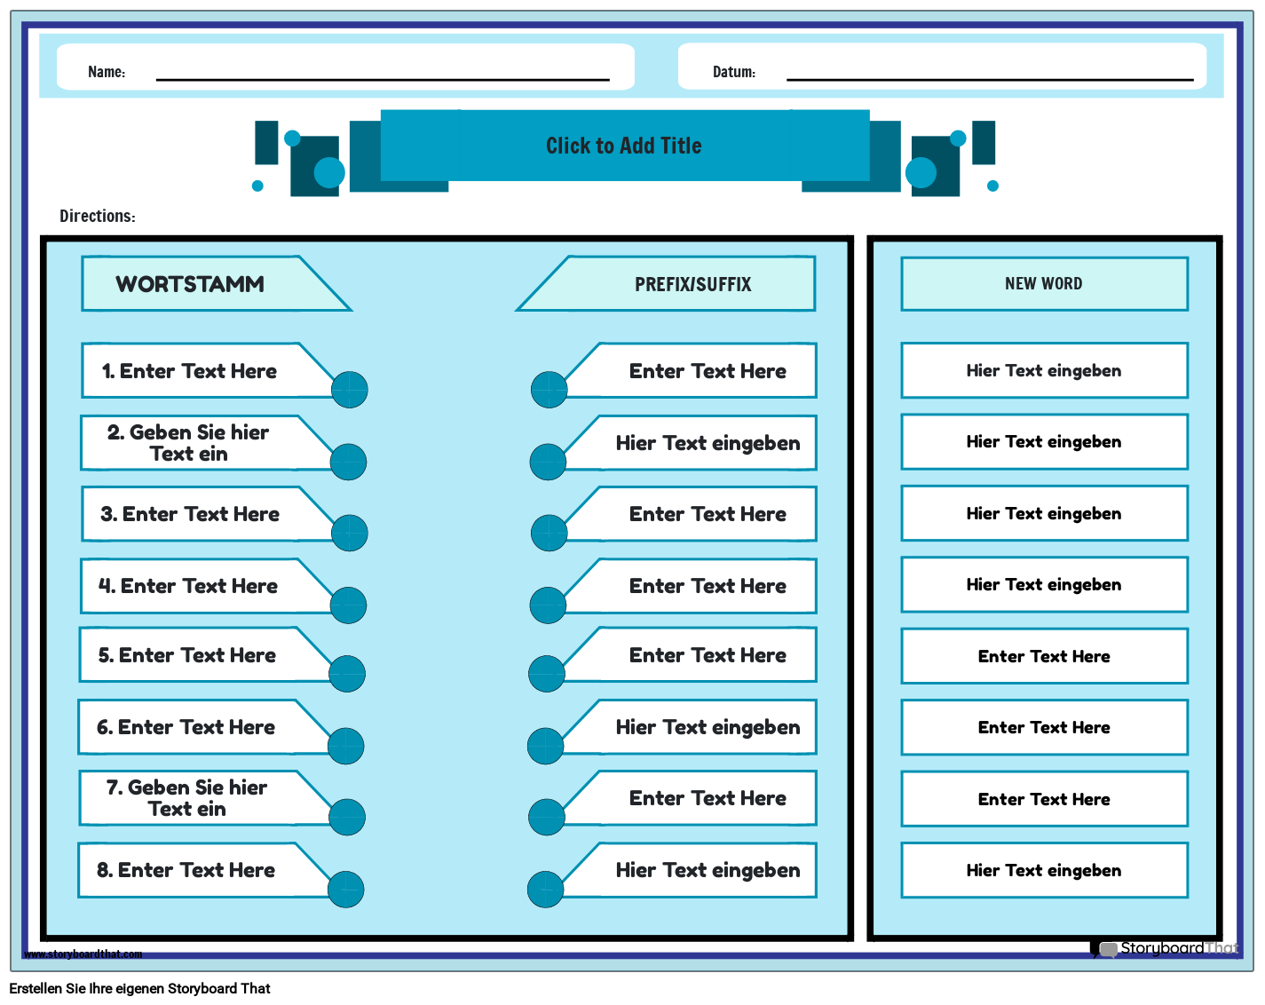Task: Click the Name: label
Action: (107, 72)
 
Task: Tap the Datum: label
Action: (733, 72)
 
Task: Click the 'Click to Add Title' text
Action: (624, 146)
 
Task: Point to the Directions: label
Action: (98, 216)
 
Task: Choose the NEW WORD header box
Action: (1044, 283)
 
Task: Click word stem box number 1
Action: (200, 370)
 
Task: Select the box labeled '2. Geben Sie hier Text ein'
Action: (199, 443)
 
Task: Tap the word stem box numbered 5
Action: (197, 654)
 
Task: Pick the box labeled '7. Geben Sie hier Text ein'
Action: (197, 798)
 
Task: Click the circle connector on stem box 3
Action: (350, 533)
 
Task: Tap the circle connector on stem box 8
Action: (345, 889)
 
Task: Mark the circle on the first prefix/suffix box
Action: (549, 389)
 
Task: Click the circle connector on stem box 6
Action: (345, 746)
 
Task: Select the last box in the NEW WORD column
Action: (1044, 870)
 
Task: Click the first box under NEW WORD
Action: (1044, 370)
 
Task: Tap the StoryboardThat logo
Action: (1164, 948)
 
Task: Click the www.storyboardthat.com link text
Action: (83, 954)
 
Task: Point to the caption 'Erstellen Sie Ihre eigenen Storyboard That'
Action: (139, 988)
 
